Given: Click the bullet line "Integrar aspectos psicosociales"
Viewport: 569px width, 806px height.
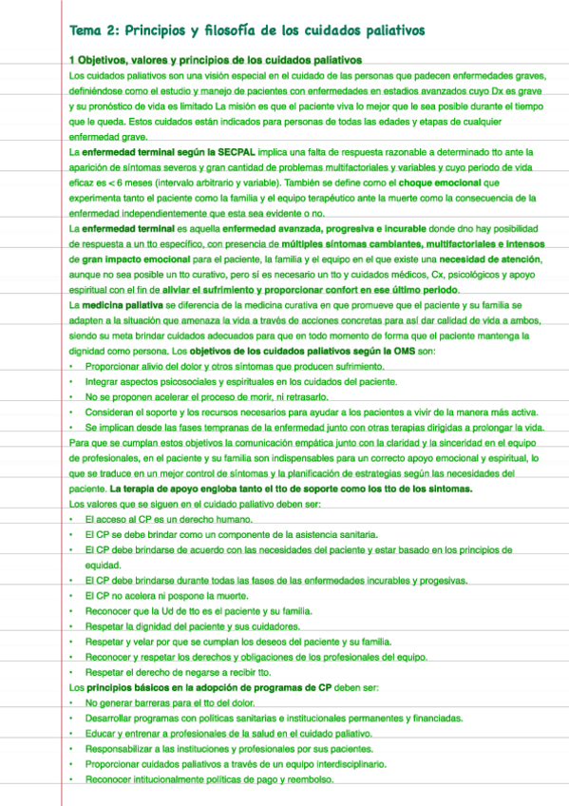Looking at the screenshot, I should pos(228,380).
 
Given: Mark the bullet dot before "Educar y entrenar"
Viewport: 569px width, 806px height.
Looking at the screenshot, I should pos(72,733).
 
